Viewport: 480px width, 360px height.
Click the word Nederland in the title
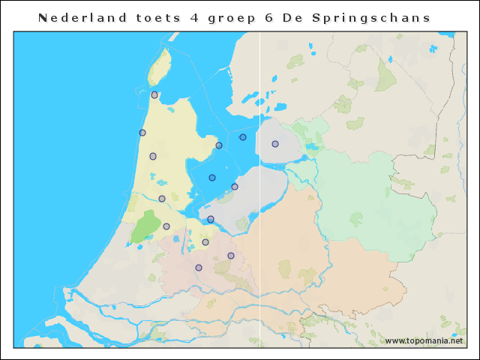pos(72,17)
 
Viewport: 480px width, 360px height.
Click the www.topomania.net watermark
pos(424,340)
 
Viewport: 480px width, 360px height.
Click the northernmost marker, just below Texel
pos(154,95)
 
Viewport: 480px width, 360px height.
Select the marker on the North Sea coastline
pos(142,133)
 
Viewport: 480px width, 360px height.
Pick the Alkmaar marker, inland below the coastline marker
pos(153,156)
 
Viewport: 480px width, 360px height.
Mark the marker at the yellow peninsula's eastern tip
pos(219,145)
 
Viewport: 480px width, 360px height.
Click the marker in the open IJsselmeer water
pos(243,137)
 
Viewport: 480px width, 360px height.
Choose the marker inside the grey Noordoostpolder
pos(275,144)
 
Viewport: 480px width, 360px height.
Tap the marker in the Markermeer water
pos(212,178)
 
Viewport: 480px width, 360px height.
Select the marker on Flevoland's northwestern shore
pos(235,187)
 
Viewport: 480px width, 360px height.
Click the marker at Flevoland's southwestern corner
pos(211,219)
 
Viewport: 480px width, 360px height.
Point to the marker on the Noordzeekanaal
pos(162,199)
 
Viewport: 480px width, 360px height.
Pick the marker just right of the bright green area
pos(166,226)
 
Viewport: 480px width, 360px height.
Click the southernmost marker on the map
pos(199,268)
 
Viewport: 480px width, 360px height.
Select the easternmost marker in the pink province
pos(231,256)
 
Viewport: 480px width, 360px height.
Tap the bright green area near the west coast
pos(145,226)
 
